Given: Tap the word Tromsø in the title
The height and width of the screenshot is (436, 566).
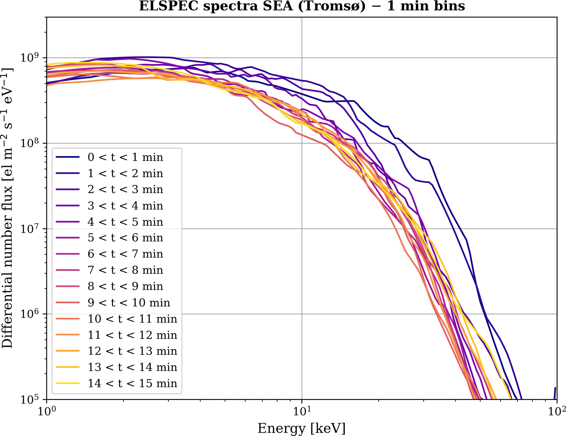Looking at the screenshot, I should (332, 6).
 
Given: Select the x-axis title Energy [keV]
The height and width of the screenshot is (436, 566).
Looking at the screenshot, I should (301, 428).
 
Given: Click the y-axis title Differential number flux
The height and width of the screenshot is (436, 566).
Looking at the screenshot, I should (7, 208).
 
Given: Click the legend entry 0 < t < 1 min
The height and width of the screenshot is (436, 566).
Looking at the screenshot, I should (125, 157).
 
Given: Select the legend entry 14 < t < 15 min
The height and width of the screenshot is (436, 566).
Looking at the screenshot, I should (132, 383).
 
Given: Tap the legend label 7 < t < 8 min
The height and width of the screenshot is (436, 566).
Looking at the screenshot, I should (125, 270).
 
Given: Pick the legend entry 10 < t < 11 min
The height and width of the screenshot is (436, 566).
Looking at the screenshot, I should (132, 319).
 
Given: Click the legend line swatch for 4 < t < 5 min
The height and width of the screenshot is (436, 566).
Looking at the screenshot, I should (67, 222).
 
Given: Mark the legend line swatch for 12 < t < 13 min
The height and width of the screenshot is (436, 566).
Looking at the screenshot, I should (67, 351).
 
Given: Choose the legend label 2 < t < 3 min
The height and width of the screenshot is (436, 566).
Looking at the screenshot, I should (125, 189).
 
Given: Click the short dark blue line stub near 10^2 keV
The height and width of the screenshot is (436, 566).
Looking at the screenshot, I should (555, 393).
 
